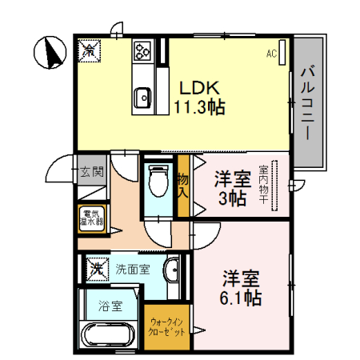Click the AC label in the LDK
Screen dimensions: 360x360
point(271,54)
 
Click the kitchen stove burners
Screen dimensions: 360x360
point(143,51)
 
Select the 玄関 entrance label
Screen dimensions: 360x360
point(92,171)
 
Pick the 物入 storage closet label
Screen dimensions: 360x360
point(182,185)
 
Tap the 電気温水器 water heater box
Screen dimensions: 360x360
point(92,218)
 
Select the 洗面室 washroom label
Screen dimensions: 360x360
point(131,269)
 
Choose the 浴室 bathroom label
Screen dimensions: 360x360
point(110,306)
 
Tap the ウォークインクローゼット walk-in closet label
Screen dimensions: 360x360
point(168,327)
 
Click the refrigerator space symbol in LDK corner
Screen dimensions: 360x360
point(89,50)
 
